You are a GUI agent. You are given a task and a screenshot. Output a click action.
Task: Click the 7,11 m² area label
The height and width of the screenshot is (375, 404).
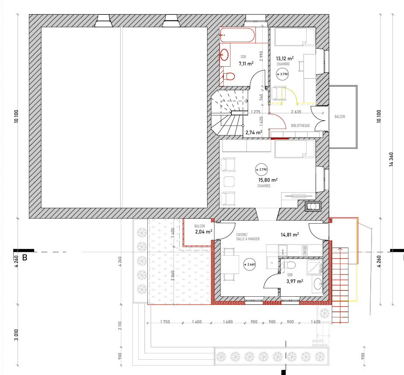pos(246,64)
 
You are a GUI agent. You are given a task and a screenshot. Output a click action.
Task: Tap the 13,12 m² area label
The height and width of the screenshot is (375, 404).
pos(284,59)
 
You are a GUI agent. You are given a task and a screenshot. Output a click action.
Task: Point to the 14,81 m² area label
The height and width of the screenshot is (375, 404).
pos(289,234)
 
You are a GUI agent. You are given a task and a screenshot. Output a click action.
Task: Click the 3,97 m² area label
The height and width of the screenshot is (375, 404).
pos(295,281)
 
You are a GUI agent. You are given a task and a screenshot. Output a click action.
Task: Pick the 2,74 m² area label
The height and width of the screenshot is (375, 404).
pos(253,133)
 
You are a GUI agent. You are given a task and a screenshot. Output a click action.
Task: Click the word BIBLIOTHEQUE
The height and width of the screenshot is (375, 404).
pos(300,126)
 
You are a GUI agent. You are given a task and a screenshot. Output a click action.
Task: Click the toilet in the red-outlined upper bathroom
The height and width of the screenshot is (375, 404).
pos(230,77)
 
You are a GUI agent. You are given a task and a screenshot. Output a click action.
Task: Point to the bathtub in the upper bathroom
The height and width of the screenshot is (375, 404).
pos(237,35)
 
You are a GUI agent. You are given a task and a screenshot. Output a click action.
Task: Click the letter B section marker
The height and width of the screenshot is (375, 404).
pos(24,258)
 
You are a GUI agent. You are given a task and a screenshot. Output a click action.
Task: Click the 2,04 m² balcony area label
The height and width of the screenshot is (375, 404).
pos(203,232)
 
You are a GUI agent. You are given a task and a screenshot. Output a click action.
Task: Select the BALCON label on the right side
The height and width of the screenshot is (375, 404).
pos(340,117)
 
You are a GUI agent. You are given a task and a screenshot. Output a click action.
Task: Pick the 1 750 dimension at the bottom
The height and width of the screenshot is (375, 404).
pos(165,322)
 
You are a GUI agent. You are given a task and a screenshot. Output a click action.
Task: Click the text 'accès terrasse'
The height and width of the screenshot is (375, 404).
pos(320,343)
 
